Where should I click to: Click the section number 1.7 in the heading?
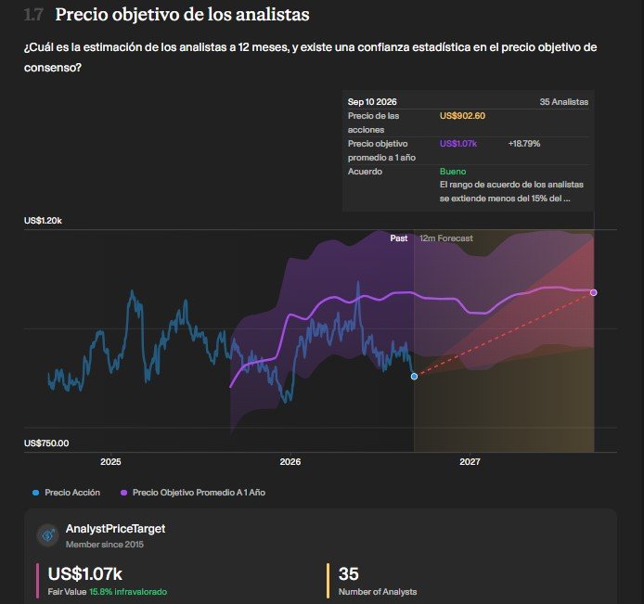click(x=33, y=15)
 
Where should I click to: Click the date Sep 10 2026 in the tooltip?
click(x=372, y=102)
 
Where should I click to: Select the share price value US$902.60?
click(x=462, y=116)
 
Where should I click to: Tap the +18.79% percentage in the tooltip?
click(x=524, y=144)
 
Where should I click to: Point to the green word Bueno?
click(x=453, y=172)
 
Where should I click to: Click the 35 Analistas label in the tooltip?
click(x=564, y=102)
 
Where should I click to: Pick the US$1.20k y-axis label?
click(x=43, y=221)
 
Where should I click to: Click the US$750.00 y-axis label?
click(x=46, y=443)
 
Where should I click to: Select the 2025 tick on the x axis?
click(x=110, y=461)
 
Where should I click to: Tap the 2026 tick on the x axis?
click(x=290, y=461)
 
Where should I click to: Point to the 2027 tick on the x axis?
click(x=470, y=461)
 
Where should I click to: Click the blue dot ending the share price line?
click(x=414, y=376)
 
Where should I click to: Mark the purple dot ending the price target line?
click(x=594, y=292)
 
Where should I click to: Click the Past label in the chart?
click(x=399, y=238)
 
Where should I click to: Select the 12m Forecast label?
click(x=446, y=238)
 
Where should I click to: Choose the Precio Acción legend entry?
click(x=67, y=493)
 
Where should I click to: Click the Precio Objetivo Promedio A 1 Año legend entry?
click(x=193, y=493)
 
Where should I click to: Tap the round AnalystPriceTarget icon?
click(x=48, y=535)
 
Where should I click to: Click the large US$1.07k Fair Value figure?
click(x=85, y=573)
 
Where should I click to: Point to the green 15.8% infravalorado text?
click(x=128, y=592)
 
